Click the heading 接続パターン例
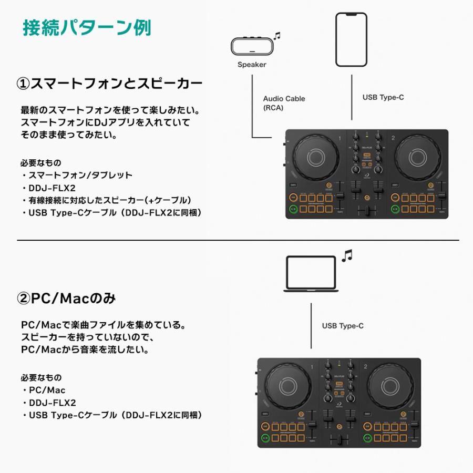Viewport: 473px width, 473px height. click(87, 28)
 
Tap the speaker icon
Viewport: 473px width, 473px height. click(252, 47)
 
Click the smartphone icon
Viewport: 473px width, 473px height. click(352, 40)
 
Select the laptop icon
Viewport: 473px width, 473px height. click(311, 273)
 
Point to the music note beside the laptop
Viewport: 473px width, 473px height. click(346, 256)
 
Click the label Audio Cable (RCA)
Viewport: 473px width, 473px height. click(284, 103)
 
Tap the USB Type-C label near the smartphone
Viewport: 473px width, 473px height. click(383, 97)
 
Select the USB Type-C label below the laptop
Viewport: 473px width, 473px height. click(343, 326)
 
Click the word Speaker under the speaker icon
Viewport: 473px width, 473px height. click(252, 65)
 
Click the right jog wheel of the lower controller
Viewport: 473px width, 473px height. click(392, 385)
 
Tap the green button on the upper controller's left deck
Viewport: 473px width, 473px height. click(292, 209)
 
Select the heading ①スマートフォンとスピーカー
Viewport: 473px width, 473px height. click(109, 84)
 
